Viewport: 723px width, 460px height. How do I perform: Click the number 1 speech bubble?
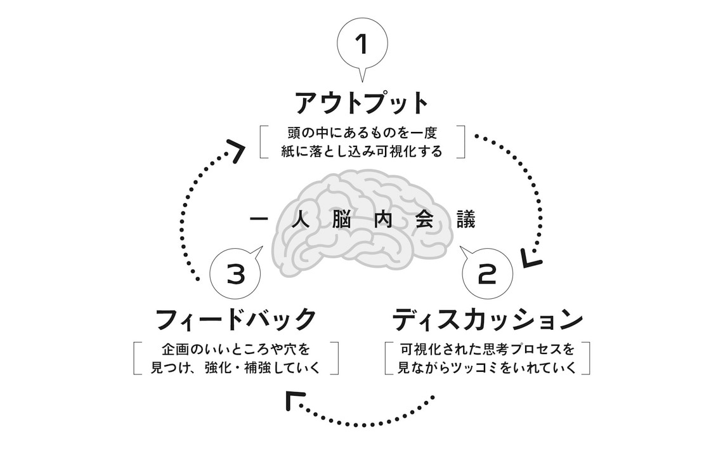pyautogui.click(x=361, y=44)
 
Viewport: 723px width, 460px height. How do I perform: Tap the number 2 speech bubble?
pyautogui.click(x=487, y=275)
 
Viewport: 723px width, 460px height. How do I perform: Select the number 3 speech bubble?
pyautogui.click(x=235, y=275)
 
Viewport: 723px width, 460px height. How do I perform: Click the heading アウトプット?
pyautogui.click(x=362, y=102)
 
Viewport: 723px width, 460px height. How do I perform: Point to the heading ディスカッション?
pyautogui.click(x=487, y=319)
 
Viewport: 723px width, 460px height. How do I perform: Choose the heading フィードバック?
pyautogui.click(x=235, y=319)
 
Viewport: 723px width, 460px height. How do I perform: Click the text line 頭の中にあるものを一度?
pyautogui.click(x=362, y=134)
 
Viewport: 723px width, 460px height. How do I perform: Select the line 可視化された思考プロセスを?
pyautogui.click(x=487, y=350)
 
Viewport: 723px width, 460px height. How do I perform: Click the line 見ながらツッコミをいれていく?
pyautogui.click(x=487, y=367)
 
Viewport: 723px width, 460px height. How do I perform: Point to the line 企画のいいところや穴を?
pyautogui.click(x=235, y=350)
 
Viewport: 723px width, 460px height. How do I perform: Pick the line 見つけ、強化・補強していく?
pyautogui.click(x=235, y=367)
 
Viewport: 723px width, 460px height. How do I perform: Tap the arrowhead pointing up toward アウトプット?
pyautogui.click(x=235, y=150)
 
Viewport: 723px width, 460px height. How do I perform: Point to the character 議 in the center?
pyautogui.click(x=466, y=220)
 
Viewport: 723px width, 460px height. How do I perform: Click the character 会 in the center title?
pyautogui.click(x=424, y=220)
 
